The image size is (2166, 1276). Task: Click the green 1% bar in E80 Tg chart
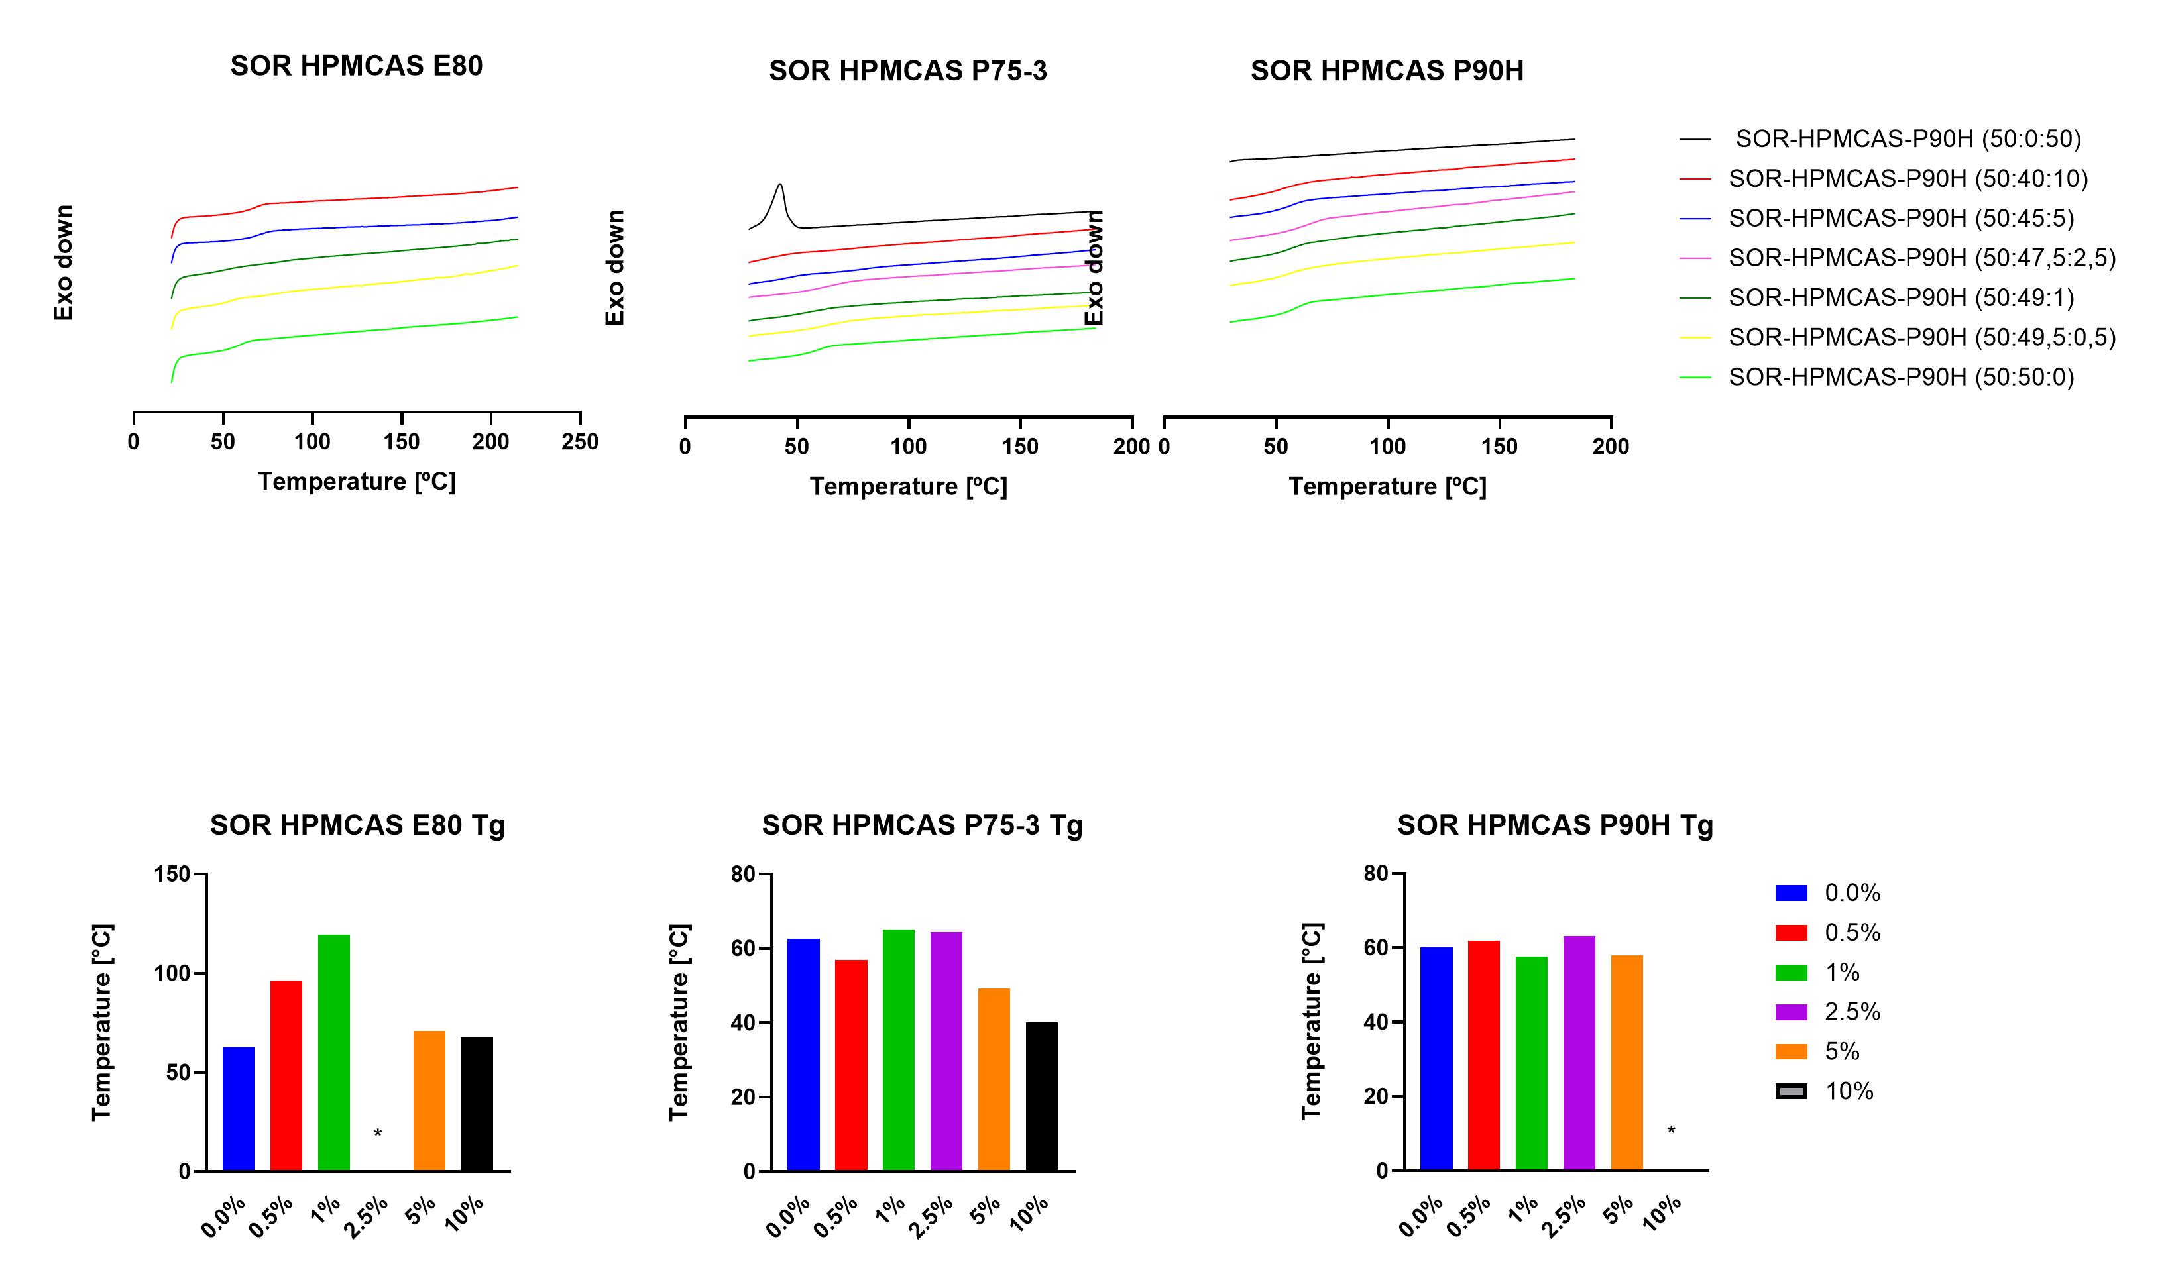(334, 1053)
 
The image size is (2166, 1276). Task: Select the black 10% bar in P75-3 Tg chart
(1042, 1096)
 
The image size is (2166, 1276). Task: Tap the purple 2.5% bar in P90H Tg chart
(1579, 1053)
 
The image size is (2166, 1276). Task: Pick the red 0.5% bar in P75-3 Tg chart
(851, 1065)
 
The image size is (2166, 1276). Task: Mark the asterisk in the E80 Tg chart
(378, 1134)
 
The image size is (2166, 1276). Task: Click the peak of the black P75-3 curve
(780, 184)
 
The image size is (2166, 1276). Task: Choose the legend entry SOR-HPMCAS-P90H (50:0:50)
(1907, 139)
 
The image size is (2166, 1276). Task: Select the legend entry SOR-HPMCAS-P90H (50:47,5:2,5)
(1921, 258)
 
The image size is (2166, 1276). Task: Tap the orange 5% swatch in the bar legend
(1791, 1051)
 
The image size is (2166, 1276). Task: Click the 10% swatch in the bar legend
(1791, 1091)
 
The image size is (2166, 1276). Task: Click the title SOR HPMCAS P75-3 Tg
(921, 825)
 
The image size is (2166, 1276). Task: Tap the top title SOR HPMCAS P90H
(1387, 70)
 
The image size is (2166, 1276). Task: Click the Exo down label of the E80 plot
(64, 263)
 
